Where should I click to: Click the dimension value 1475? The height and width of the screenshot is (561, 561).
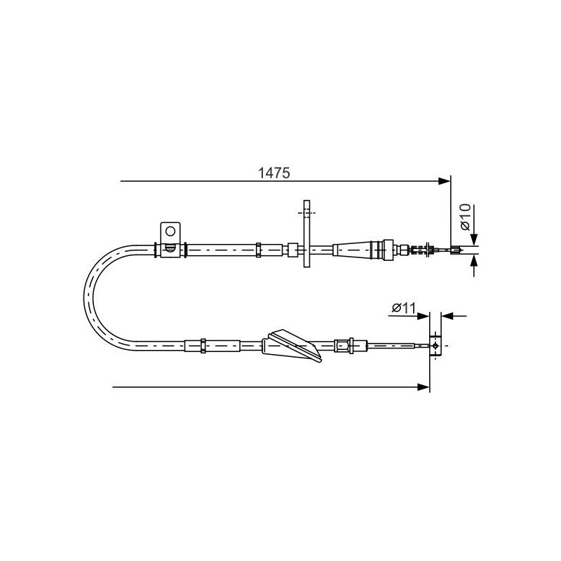(274, 173)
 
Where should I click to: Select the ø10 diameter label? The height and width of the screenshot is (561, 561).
(465, 217)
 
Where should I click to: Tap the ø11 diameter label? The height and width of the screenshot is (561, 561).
(404, 307)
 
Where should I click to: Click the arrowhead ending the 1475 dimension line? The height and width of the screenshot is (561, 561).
(445, 181)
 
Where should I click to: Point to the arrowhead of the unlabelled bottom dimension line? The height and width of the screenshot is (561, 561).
(424, 387)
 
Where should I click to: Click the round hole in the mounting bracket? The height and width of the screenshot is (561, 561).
(170, 231)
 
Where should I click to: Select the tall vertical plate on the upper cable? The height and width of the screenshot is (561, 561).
(306, 234)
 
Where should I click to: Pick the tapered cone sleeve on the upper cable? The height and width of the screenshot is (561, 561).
(353, 250)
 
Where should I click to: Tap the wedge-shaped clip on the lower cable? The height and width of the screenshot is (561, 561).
(292, 345)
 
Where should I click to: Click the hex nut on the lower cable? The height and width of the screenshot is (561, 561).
(343, 346)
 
